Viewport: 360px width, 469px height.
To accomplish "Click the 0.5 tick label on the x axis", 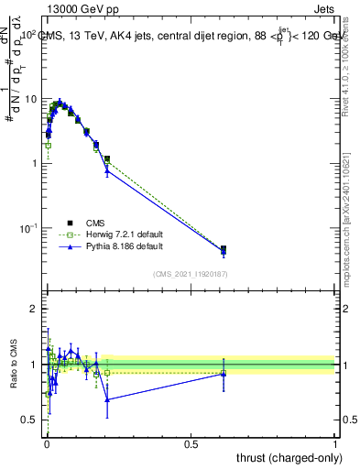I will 191,443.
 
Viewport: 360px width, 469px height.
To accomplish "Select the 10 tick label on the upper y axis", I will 31,98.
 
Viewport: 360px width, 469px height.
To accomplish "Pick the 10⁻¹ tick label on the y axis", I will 28,227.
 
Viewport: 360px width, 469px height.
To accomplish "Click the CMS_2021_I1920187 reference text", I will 191,274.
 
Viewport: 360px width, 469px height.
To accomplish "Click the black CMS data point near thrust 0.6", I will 224,248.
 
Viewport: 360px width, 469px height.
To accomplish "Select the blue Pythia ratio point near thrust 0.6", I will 224,374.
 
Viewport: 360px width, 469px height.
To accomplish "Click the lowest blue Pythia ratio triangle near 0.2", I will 107,399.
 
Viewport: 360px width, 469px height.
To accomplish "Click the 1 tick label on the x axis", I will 335,443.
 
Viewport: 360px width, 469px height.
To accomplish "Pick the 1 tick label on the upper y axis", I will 34,163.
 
